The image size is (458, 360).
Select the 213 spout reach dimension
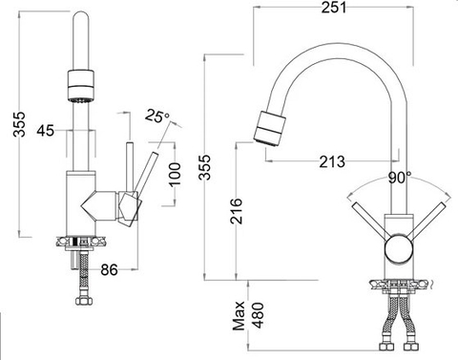tap(332, 160)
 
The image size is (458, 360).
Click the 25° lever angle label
tap(157, 116)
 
